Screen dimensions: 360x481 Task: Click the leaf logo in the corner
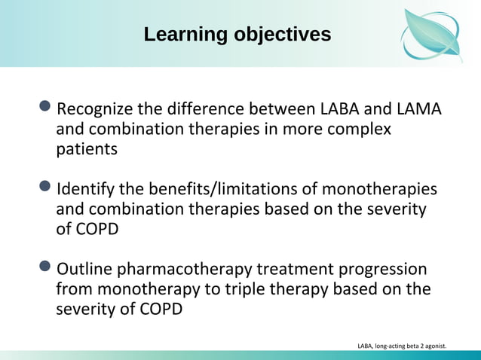pos(430,34)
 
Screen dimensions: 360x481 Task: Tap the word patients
pos(87,149)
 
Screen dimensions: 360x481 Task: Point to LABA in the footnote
pos(365,346)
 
